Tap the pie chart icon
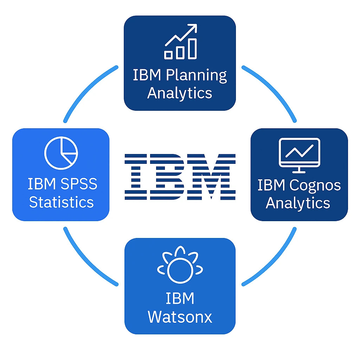click(61, 153)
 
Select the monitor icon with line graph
click(299, 155)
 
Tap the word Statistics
click(61, 202)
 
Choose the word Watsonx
click(180, 317)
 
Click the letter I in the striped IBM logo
click(135, 176)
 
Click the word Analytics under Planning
click(180, 93)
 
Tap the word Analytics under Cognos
click(298, 203)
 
